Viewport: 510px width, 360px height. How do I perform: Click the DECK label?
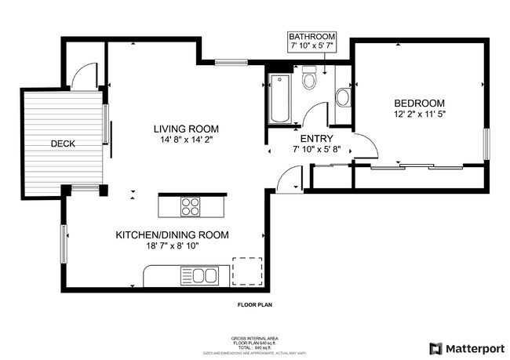pos(63,144)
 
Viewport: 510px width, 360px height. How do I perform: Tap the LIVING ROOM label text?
pos(186,129)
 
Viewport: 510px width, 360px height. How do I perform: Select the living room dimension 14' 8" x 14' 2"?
pos(186,140)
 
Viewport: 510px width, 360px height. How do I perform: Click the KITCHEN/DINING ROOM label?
pos(172,235)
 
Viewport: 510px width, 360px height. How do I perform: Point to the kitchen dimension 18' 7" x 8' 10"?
pos(172,245)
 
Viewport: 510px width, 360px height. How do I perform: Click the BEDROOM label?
pos(419,104)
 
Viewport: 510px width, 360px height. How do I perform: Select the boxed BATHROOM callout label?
pos(311,42)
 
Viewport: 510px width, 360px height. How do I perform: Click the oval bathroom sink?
pos(342,98)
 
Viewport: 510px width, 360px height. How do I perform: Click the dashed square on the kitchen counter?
pos(244,269)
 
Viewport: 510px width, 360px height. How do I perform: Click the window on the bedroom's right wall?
pos(486,144)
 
